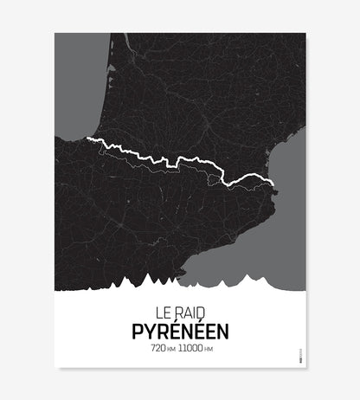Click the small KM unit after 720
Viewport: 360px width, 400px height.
point(169,349)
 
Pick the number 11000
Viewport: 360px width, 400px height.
point(190,348)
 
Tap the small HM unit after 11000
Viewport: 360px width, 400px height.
point(209,349)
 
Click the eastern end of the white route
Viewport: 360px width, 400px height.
point(274,182)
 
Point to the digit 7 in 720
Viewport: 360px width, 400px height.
point(151,348)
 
